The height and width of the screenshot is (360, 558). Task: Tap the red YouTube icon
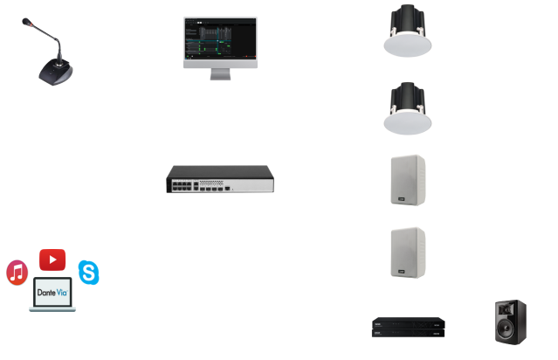tap(52, 259)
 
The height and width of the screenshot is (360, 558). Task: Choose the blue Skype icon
tap(87, 272)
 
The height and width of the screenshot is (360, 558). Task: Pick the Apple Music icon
tap(17, 272)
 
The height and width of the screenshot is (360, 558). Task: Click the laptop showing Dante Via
tap(52, 298)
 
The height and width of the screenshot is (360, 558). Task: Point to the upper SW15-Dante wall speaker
tap(406, 180)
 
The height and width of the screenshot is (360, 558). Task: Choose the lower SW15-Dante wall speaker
tap(406, 252)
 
